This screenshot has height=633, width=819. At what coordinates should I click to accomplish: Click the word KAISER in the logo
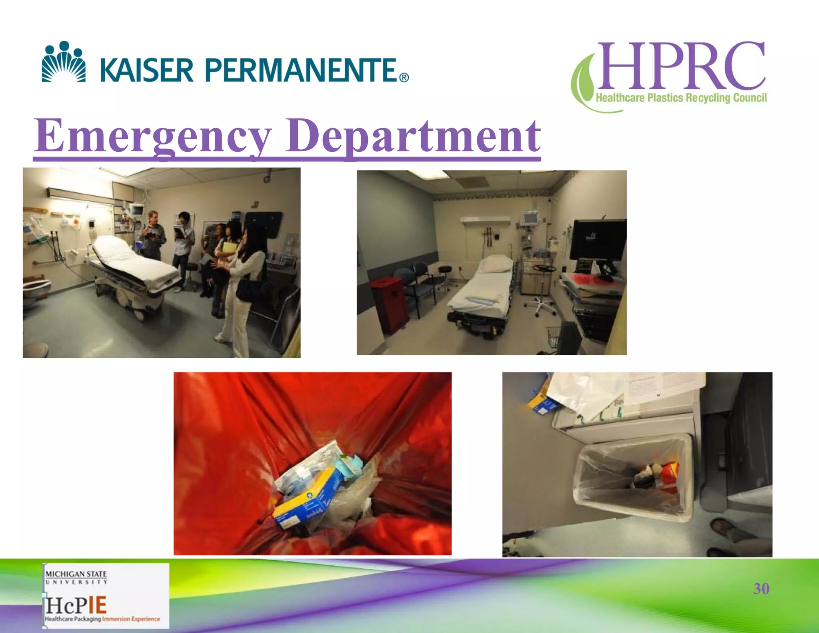[x=147, y=70]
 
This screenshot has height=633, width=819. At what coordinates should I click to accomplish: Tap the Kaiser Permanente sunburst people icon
[x=64, y=62]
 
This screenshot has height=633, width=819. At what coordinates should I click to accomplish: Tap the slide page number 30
[x=761, y=589]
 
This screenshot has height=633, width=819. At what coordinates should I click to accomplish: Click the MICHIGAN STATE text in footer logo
[x=76, y=574]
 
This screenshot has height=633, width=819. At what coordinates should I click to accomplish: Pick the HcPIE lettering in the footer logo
[x=76, y=605]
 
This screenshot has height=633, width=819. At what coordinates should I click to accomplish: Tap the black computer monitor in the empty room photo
[x=597, y=240]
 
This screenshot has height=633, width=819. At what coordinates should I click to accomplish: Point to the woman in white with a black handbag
[x=244, y=280]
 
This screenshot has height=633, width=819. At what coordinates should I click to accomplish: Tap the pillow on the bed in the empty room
[x=496, y=264]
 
